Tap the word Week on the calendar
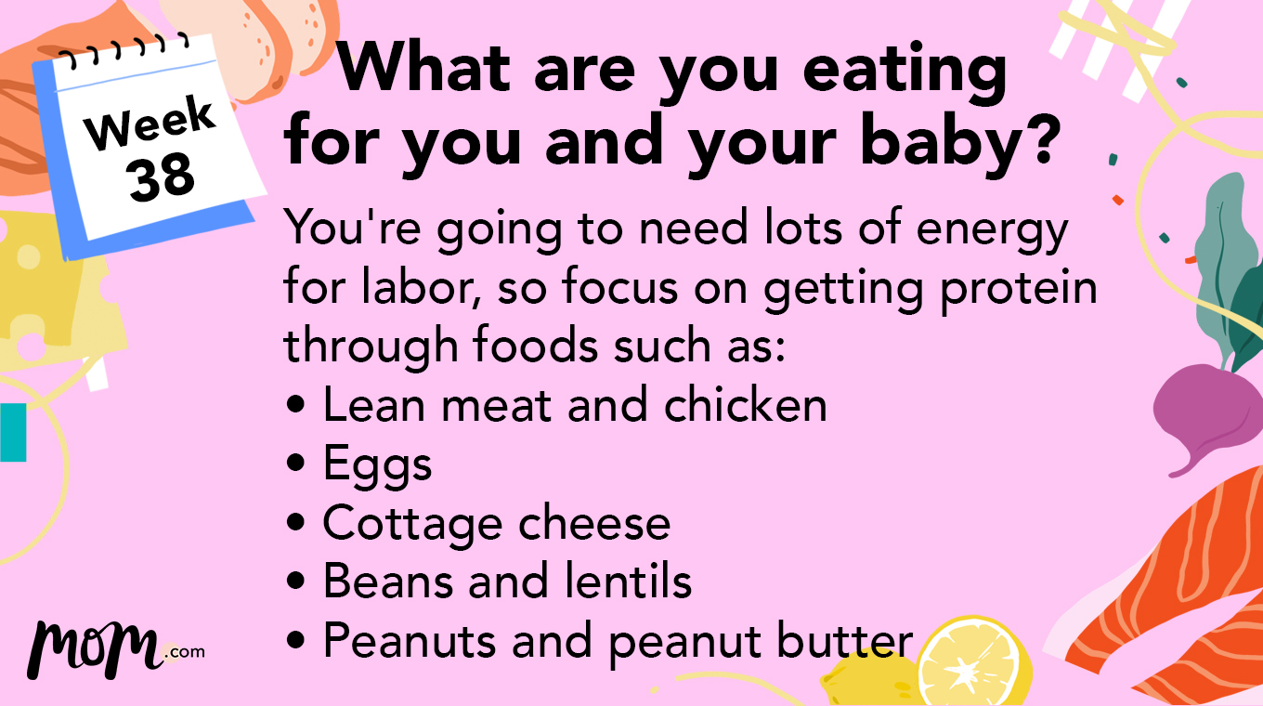tap(150, 125)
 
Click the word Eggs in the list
tap(377, 464)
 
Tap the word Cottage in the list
tap(410, 524)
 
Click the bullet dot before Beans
tap(296, 583)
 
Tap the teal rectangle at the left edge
tap(13, 432)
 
